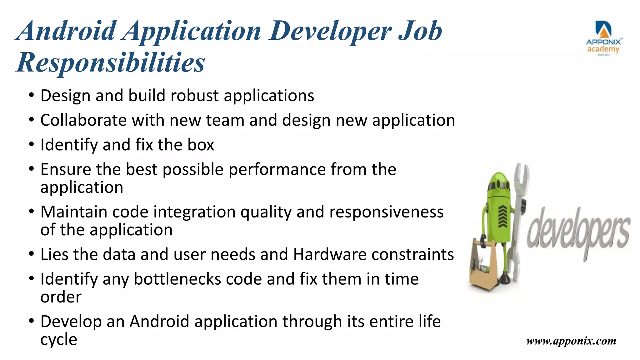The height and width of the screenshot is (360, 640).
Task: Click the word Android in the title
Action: pyautogui.click(x=67, y=31)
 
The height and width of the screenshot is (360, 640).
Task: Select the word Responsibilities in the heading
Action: pyautogui.click(x=111, y=62)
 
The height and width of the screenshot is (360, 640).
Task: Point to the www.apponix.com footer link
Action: pyautogui.click(x=571, y=341)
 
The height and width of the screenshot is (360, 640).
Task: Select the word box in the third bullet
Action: pyautogui.click(x=201, y=145)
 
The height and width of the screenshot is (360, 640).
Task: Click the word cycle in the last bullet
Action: pyautogui.click(x=59, y=340)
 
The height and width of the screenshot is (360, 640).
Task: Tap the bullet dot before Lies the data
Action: pyautogui.click(x=31, y=253)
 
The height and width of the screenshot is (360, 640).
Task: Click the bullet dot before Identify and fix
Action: pyautogui.click(x=31, y=144)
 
